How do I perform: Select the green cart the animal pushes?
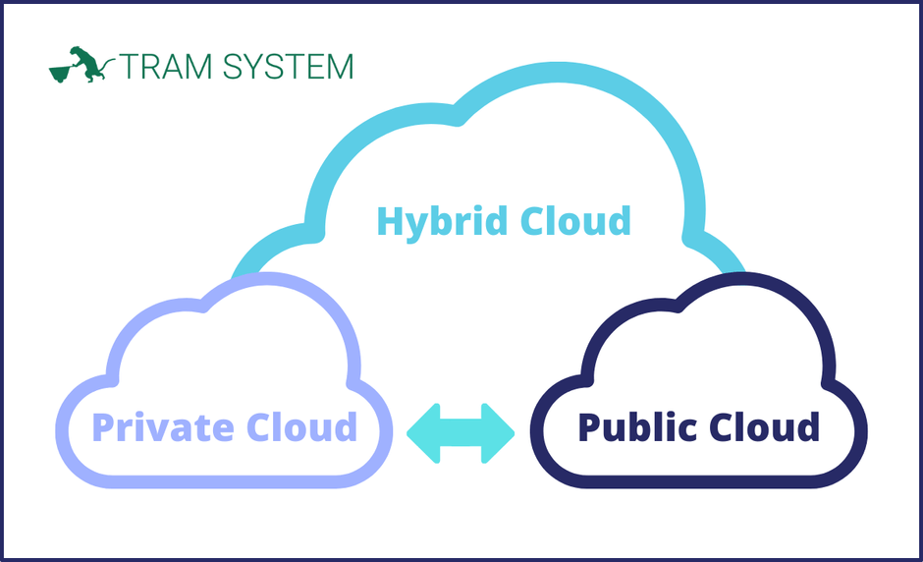coord(62,71)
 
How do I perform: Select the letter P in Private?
coord(102,428)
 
